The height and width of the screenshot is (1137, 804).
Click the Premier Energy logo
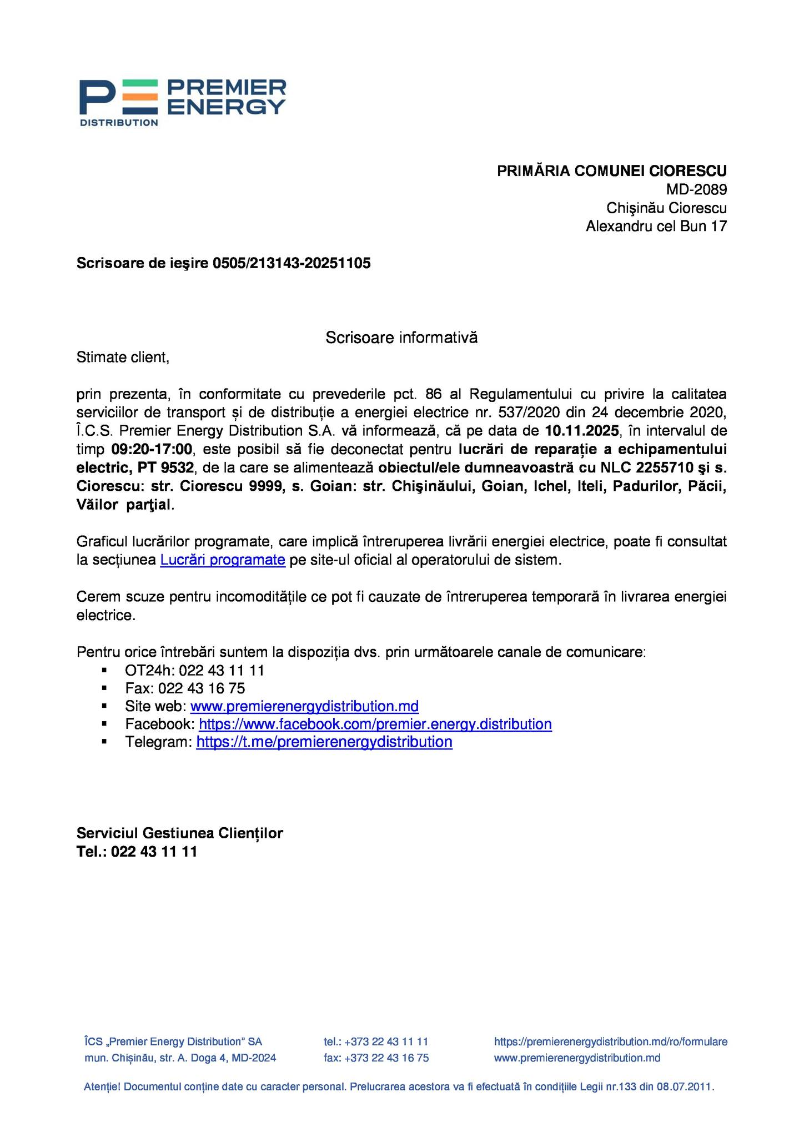[x=182, y=102]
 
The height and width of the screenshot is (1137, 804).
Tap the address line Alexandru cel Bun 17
[x=656, y=226]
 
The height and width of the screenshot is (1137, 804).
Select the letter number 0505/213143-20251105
[x=292, y=263]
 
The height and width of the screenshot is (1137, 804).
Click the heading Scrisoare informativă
[x=401, y=337]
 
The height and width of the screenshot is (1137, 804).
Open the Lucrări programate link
[x=223, y=560]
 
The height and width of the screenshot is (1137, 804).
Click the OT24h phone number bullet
[x=194, y=670]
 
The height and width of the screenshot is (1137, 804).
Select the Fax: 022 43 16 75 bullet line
[x=185, y=688]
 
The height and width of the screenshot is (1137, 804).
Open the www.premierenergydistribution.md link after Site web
[x=304, y=706]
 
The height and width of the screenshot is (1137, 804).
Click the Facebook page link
[x=375, y=724]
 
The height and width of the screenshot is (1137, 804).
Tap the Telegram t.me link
[x=324, y=742]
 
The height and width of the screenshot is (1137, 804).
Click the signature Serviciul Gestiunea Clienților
[x=179, y=833]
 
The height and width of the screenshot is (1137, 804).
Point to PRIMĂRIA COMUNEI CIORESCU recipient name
[x=611, y=171]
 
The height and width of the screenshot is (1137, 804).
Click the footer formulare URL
[x=610, y=1042]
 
